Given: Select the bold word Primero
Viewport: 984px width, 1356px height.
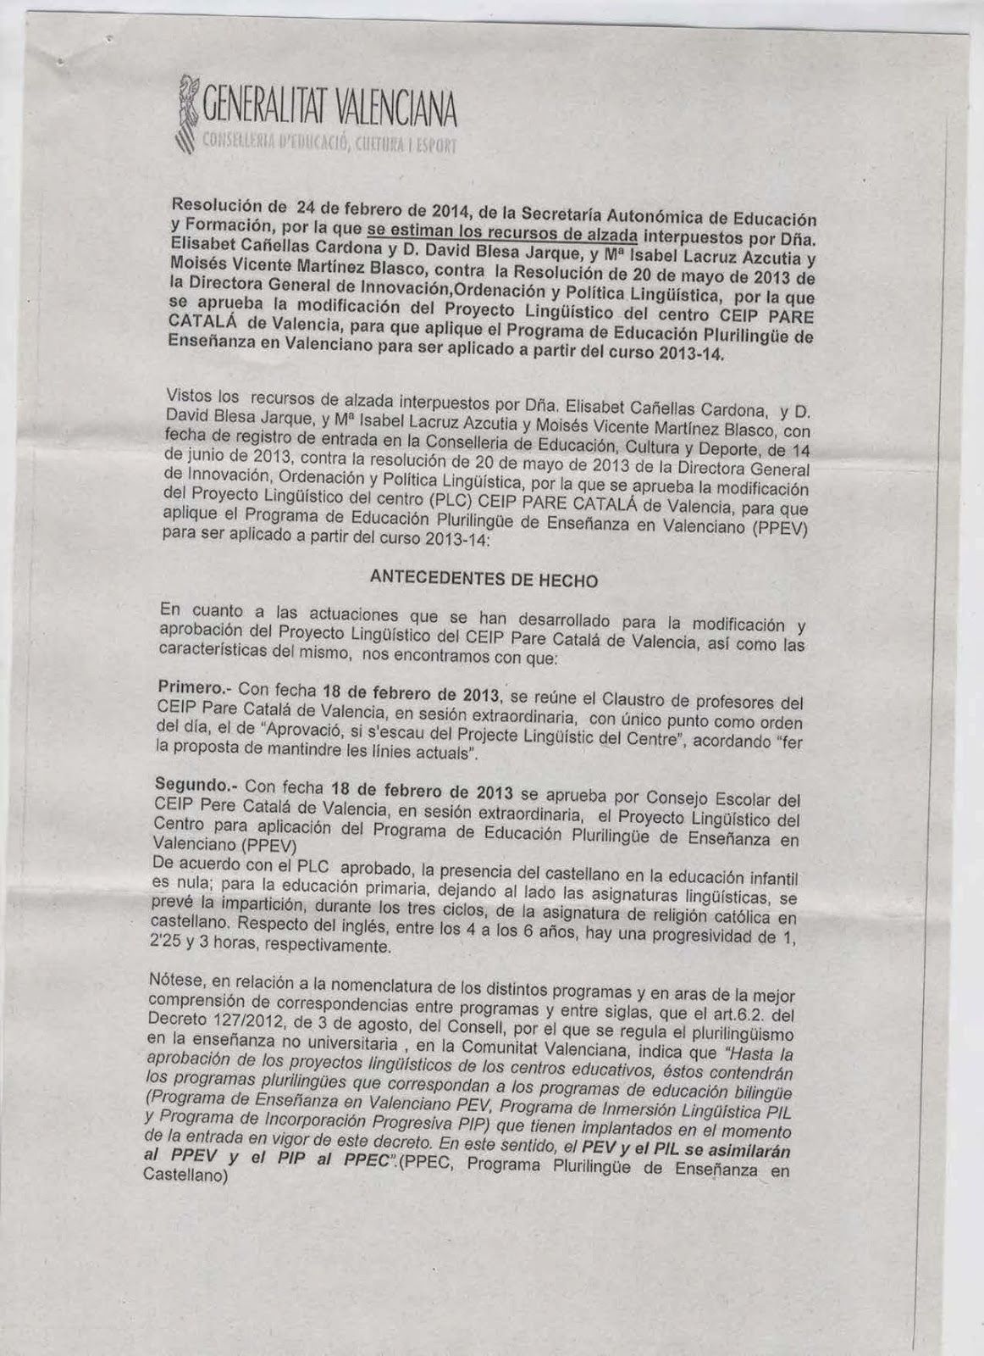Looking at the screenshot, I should [184, 686].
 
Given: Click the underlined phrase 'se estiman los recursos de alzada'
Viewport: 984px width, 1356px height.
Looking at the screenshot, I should [501, 231].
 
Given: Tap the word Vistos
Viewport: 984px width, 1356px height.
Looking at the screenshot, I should [191, 394].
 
